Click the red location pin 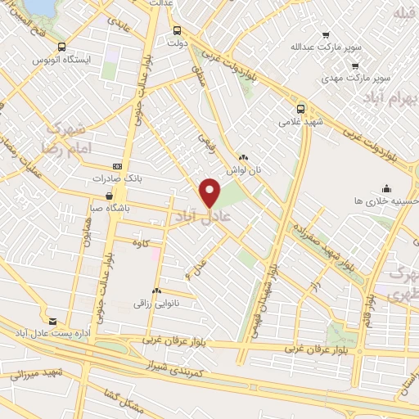[210, 191]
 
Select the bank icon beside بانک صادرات [117, 165]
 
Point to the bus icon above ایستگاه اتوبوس [63, 47]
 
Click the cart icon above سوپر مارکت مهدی [354, 65]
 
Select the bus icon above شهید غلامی [300, 108]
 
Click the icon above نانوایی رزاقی [156, 291]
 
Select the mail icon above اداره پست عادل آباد [53, 321]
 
